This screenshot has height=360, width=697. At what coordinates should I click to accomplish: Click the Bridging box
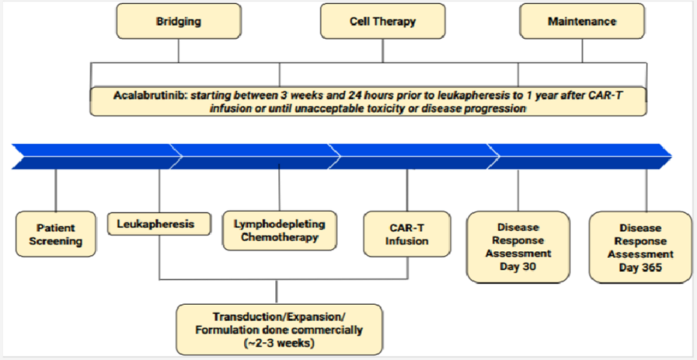(x=178, y=21)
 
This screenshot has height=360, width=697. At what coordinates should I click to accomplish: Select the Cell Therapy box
(x=383, y=21)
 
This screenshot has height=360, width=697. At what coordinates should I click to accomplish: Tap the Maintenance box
(x=582, y=21)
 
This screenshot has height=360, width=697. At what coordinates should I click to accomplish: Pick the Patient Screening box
(x=56, y=234)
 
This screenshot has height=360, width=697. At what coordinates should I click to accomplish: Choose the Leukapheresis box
(x=159, y=224)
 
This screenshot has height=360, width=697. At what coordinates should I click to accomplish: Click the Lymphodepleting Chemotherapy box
(x=279, y=230)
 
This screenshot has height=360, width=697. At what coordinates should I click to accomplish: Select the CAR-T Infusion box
(x=407, y=234)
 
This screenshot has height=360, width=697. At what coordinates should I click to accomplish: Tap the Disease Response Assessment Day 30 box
(x=518, y=246)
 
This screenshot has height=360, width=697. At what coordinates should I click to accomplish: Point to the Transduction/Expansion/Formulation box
(x=279, y=328)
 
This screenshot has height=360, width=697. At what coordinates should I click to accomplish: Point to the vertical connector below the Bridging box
(x=178, y=50)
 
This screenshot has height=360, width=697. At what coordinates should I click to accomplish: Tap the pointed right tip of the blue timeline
(x=672, y=156)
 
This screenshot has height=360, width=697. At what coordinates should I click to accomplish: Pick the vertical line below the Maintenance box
(x=582, y=50)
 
